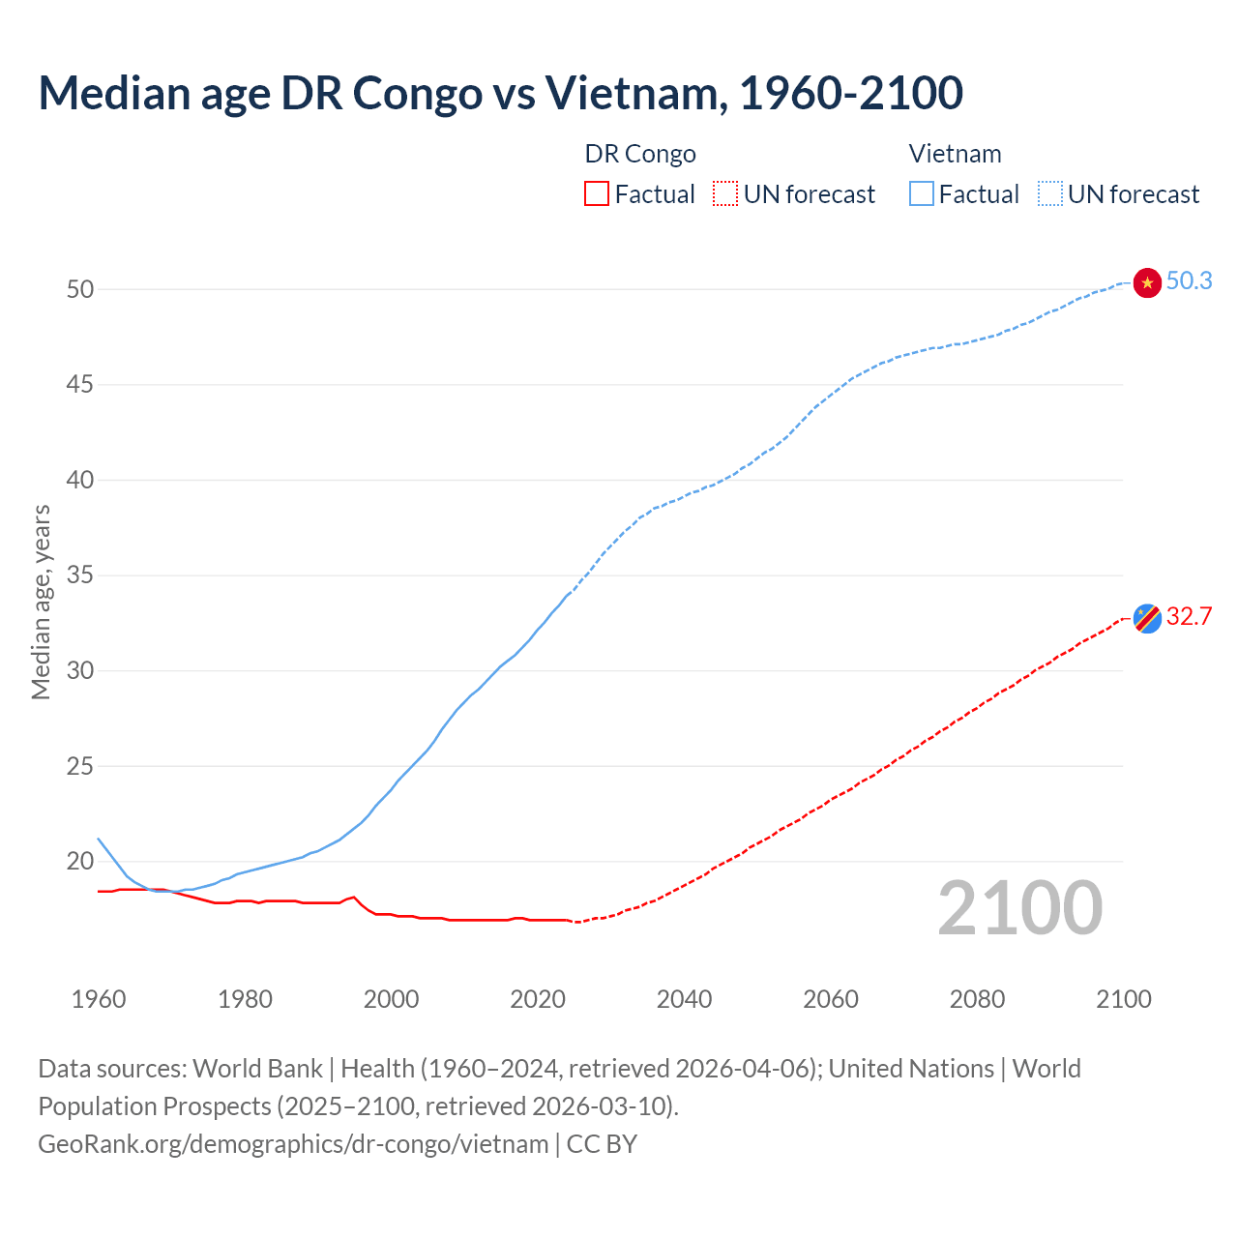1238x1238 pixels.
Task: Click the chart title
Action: (500, 93)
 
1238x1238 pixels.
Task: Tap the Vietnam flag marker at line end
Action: (1146, 282)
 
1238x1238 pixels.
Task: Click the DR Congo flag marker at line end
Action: (1146, 617)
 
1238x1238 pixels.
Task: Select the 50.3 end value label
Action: (1189, 280)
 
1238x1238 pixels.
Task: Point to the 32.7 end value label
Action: (1189, 616)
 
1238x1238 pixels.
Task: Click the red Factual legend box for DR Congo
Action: (597, 193)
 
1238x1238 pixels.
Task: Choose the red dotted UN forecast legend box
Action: (725, 193)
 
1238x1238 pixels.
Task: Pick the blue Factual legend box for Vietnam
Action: (922, 193)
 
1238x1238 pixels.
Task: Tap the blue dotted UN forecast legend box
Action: (1050, 193)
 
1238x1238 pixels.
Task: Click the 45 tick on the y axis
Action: (80, 385)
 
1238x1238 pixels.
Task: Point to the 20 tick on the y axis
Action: (80, 861)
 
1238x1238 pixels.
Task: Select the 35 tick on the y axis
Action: (80, 575)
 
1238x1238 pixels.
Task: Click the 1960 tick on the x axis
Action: (99, 999)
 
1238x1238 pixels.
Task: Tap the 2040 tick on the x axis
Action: (684, 999)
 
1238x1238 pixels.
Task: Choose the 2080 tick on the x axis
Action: (977, 999)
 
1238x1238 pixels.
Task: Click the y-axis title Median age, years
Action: (41, 602)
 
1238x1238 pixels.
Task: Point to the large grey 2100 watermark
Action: (1019, 908)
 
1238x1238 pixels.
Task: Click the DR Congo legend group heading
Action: (640, 154)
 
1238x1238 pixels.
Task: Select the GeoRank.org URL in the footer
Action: (293, 1144)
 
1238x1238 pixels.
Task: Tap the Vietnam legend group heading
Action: (955, 154)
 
